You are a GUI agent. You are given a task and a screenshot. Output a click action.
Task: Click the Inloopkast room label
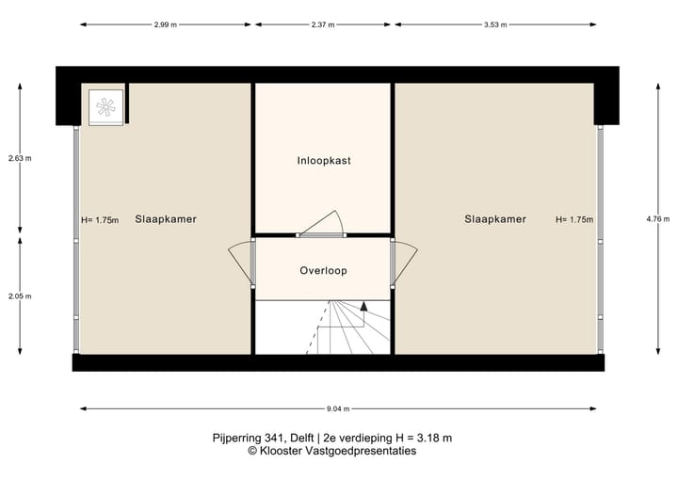pyautogui.click(x=323, y=161)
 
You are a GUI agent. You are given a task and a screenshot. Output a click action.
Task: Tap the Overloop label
pyautogui.click(x=323, y=271)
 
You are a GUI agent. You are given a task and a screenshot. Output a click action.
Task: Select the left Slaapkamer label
pyautogui.click(x=166, y=219)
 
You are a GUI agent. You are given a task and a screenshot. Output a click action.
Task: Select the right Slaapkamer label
pyautogui.click(x=494, y=219)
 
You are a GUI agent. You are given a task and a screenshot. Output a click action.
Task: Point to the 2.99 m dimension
pyautogui.click(x=166, y=25)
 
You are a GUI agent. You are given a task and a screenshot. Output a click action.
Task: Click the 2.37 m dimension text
pyautogui.click(x=323, y=25)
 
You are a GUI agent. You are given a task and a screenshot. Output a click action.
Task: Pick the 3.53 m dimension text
pyautogui.click(x=495, y=25)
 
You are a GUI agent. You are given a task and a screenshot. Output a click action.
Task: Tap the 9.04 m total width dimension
pyautogui.click(x=339, y=409)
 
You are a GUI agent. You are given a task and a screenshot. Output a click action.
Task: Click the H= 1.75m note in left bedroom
pyautogui.click(x=100, y=220)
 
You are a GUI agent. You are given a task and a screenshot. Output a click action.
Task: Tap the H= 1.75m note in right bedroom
pyautogui.click(x=574, y=220)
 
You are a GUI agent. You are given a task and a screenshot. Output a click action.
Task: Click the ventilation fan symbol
pyautogui.click(x=105, y=106)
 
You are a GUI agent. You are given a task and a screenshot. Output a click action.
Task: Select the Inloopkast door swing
pyautogui.click(x=324, y=224)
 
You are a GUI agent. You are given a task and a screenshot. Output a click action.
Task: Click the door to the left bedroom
pyautogui.click(x=241, y=263)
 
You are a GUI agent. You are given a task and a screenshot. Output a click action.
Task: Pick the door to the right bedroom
pyautogui.click(x=405, y=263)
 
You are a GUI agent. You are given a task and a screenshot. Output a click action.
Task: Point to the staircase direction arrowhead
pyautogui.click(x=363, y=305)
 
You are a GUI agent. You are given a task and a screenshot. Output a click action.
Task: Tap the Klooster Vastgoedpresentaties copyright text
pyautogui.click(x=345, y=452)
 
